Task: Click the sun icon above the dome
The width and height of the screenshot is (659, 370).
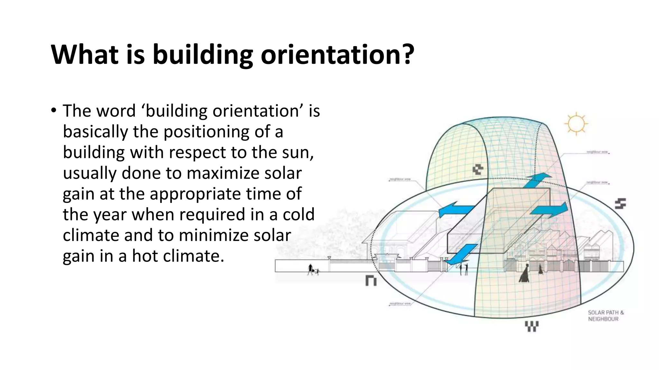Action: coord(576,124)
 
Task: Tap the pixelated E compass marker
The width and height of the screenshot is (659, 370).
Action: coord(478,170)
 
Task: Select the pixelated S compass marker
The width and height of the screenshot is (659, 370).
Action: coord(620,204)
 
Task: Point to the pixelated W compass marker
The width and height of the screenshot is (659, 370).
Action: coord(532,326)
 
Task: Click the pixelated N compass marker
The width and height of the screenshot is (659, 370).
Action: coord(371,280)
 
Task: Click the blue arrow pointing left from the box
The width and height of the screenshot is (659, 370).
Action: coord(455,210)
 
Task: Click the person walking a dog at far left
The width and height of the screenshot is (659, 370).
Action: coord(312,270)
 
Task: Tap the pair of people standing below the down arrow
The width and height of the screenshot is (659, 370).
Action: coord(463,269)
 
